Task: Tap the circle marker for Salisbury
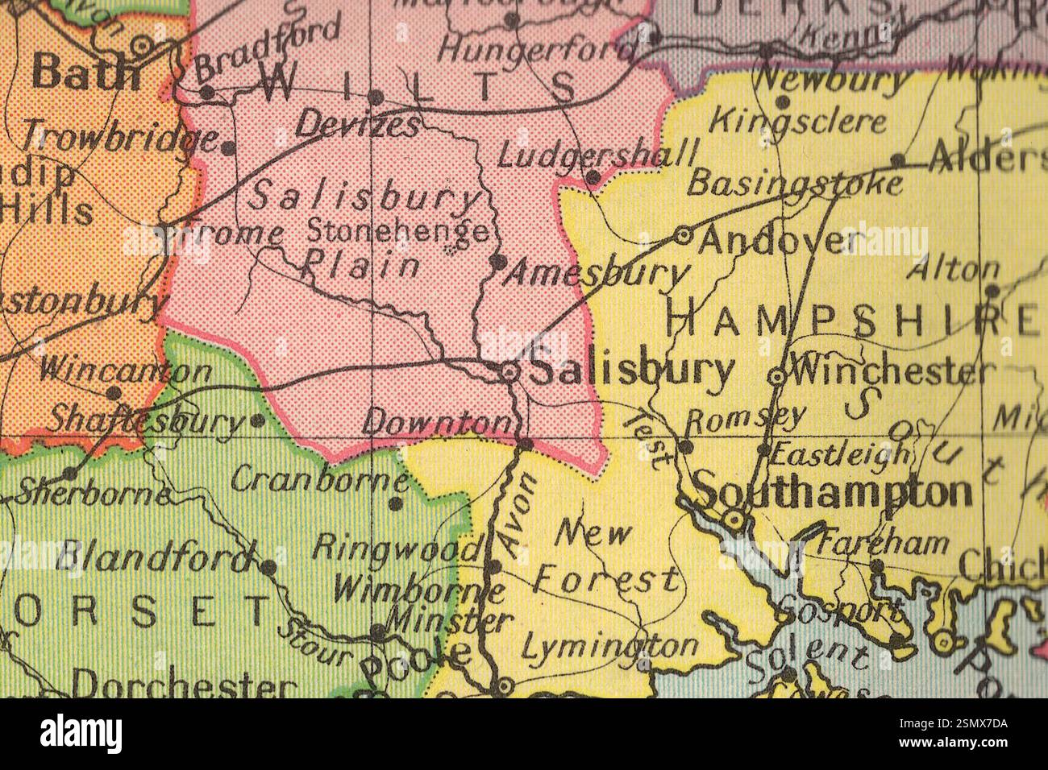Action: (509, 372)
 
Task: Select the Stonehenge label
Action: (398, 232)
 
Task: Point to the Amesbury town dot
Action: (497, 261)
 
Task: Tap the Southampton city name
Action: (833, 491)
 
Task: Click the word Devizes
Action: (358, 125)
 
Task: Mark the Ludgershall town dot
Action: (592, 177)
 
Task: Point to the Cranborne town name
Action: (319, 480)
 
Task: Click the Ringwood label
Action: (396, 549)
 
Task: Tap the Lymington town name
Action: (609, 646)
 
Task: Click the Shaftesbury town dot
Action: (257, 420)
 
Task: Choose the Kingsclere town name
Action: (798, 123)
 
